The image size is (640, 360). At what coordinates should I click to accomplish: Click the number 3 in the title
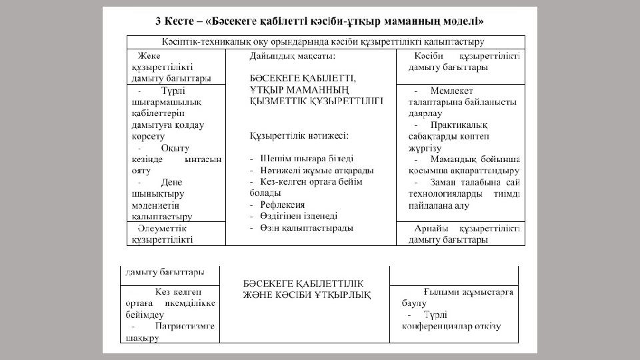[159, 21]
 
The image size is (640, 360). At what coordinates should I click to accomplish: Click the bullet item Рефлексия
[283, 205]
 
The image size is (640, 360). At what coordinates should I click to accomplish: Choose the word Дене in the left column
[171, 182]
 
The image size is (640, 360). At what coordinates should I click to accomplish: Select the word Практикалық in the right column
[459, 125]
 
